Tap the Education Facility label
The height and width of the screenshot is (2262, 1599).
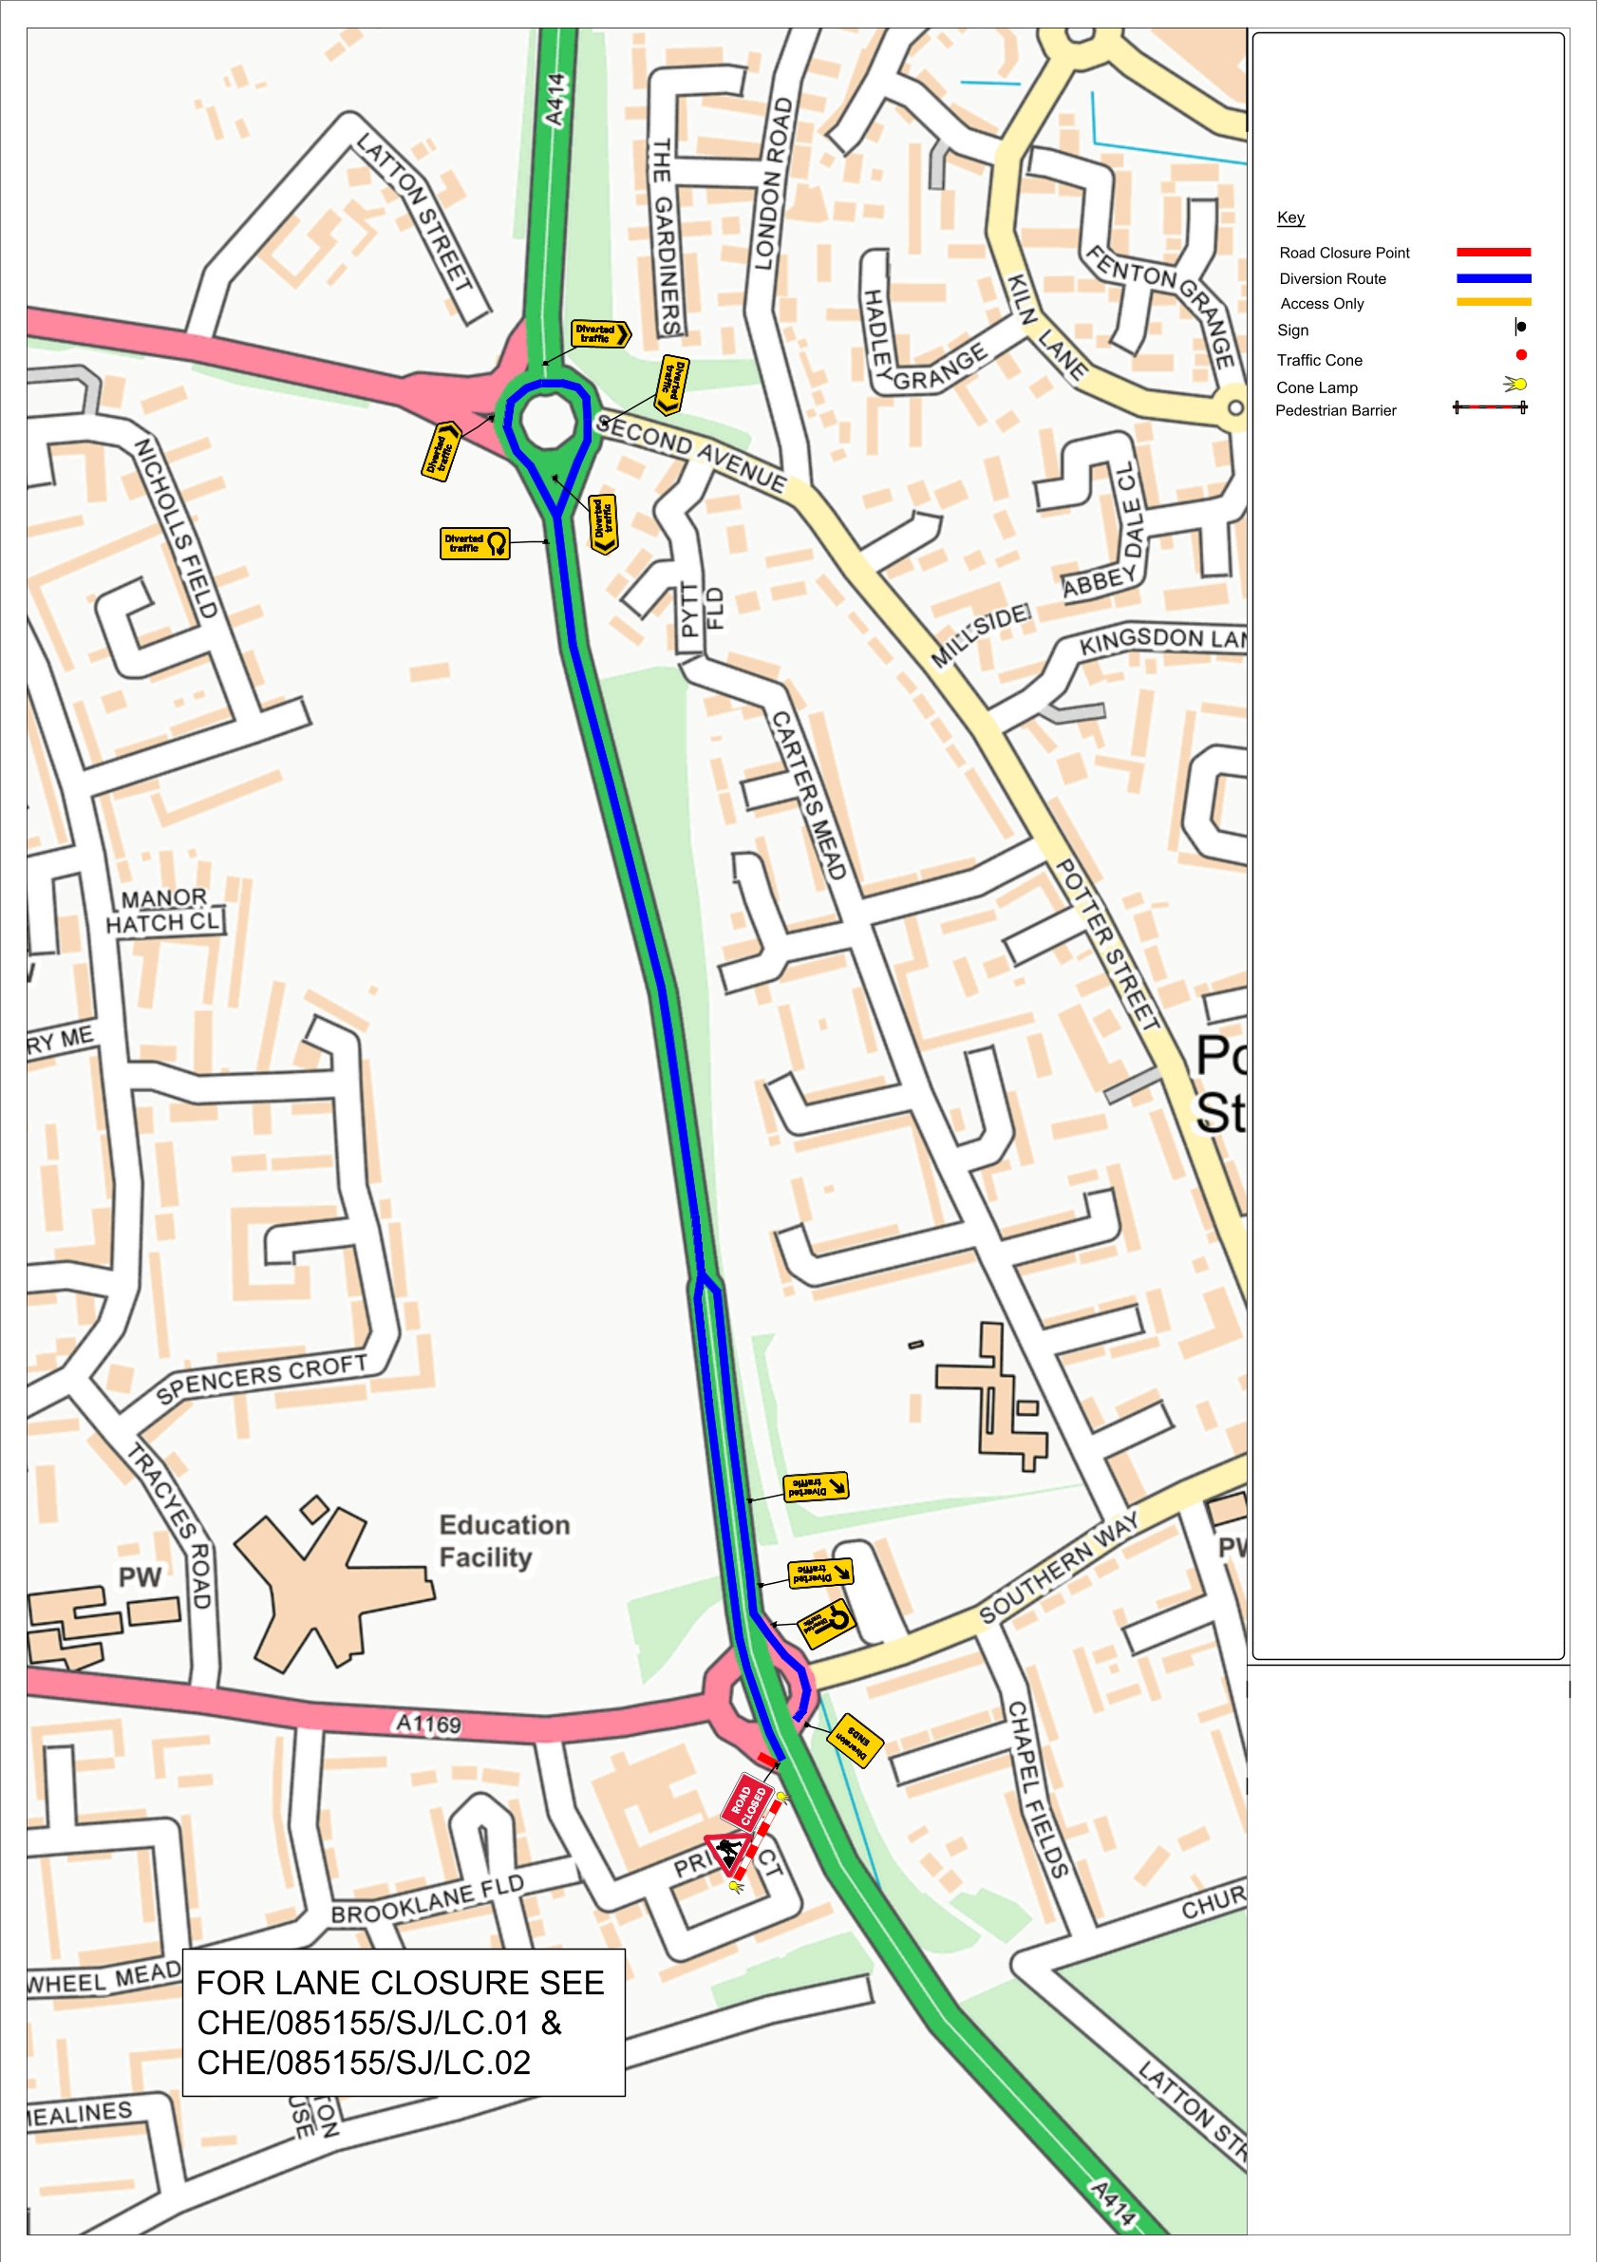503,1541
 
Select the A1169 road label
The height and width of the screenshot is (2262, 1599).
427,1724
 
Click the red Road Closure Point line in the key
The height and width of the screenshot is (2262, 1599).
1493,253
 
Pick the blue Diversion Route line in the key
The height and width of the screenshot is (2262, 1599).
1493,279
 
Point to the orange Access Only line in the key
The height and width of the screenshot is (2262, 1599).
1493,302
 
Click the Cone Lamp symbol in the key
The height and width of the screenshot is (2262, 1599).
1516,385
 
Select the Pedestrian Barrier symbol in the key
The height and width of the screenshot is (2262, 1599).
1490,408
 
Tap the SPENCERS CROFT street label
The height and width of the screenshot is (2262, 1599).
261,1378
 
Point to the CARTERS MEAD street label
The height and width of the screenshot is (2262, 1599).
808,795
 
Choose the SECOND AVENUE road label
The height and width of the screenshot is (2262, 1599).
691,452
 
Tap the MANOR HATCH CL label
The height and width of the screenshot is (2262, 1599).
163,911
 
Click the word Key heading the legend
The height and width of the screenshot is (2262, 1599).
1289,217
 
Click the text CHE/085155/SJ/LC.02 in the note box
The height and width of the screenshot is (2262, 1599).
364,2062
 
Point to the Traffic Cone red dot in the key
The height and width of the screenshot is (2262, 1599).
1520,354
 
